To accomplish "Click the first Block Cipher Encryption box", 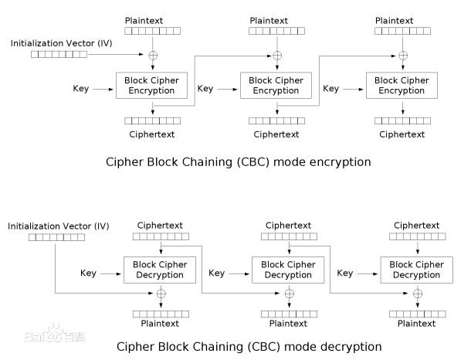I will pyautogui.click(x=152, y=85).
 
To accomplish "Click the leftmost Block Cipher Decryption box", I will pyautogui.click(x=160, y=270).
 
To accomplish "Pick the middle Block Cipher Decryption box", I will pyautogui.click(x=288, y=270).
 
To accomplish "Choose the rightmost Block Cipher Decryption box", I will pyautogui.click(x=417, y=270).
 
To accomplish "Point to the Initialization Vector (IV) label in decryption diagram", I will pyautogui.click(x=58, y=226).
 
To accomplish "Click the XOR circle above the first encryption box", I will pyautogui.click(x=152, y=56).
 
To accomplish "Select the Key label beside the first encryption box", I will pyautogui.click(x=80, y=89).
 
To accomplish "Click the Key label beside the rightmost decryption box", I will pyautogui.click(x=345, y=273).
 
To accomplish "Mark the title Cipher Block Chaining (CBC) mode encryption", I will pyautogui.click(x=238, y=162).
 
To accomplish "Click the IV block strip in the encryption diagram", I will pyautogui.click(x=59, y=55).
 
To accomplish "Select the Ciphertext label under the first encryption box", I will pyautogui.click(x=152, y=134).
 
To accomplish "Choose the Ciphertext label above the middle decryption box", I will pyautogui.click(x=288, y=226).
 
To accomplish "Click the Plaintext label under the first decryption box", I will pyautogui.click(x=160, y=324).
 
